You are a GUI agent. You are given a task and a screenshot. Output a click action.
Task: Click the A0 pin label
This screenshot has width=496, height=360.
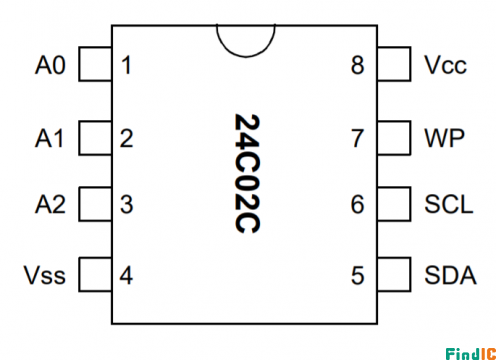pyautogui.click(x=50, y=65)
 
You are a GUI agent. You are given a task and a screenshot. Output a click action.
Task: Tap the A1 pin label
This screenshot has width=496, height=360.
pyautogui.click(x=49, y=138)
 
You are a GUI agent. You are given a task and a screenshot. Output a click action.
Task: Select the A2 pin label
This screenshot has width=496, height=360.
pyautogui.click(x=50, y=204)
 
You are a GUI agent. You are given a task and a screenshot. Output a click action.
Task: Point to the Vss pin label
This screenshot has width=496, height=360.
pyautogui.click(x=45, y=275)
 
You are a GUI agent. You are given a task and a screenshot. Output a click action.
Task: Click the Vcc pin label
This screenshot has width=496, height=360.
pyautogui.click(x=445, y=65)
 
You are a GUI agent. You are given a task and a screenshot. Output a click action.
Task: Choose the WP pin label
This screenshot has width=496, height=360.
pyautogui.click(x=444, y=138)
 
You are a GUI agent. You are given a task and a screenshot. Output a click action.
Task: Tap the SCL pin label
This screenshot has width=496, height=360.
pyautogui.click(x=449, y=204)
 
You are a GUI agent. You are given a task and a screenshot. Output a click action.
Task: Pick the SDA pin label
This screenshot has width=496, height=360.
pyautogui.click(x=450, y=275)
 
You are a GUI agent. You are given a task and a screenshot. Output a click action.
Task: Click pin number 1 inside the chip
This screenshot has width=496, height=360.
pyautogui.click(x=126, y=65)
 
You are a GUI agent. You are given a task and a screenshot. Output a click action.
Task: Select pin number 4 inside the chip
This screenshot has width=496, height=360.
pyautogui.click(x=126, y=275)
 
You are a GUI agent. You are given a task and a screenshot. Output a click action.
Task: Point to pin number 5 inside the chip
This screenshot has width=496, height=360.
pyautogui.click(x=357, y=275)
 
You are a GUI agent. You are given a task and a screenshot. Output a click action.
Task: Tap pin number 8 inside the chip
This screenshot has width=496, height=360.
pyautogui.click(x=357, y=65)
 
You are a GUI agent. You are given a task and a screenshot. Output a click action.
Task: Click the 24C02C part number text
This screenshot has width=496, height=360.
pyautogui.click(x=247, y=174)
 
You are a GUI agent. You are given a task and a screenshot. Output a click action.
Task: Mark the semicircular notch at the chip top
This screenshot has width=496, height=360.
pyautogui.click(x=246, y=57)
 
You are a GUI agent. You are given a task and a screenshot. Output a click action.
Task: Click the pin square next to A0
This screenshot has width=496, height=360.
pyautogui.click(x=95, y=64)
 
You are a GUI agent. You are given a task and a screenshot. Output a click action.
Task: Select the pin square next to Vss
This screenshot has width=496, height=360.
pyautogui.click(x=95, y=274)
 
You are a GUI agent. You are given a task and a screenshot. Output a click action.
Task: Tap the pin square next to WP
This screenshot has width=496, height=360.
pyautogui.click(x=394, y=138)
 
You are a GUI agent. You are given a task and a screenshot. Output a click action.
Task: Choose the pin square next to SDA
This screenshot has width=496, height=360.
pyautogui.click(x=394, y=274)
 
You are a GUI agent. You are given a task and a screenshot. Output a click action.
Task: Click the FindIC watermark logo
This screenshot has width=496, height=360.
pyautogui.click(x=471, y=354)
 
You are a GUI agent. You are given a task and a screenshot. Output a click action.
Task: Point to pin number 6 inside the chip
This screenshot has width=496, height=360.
pyautogui.click(x=357, y=204)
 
